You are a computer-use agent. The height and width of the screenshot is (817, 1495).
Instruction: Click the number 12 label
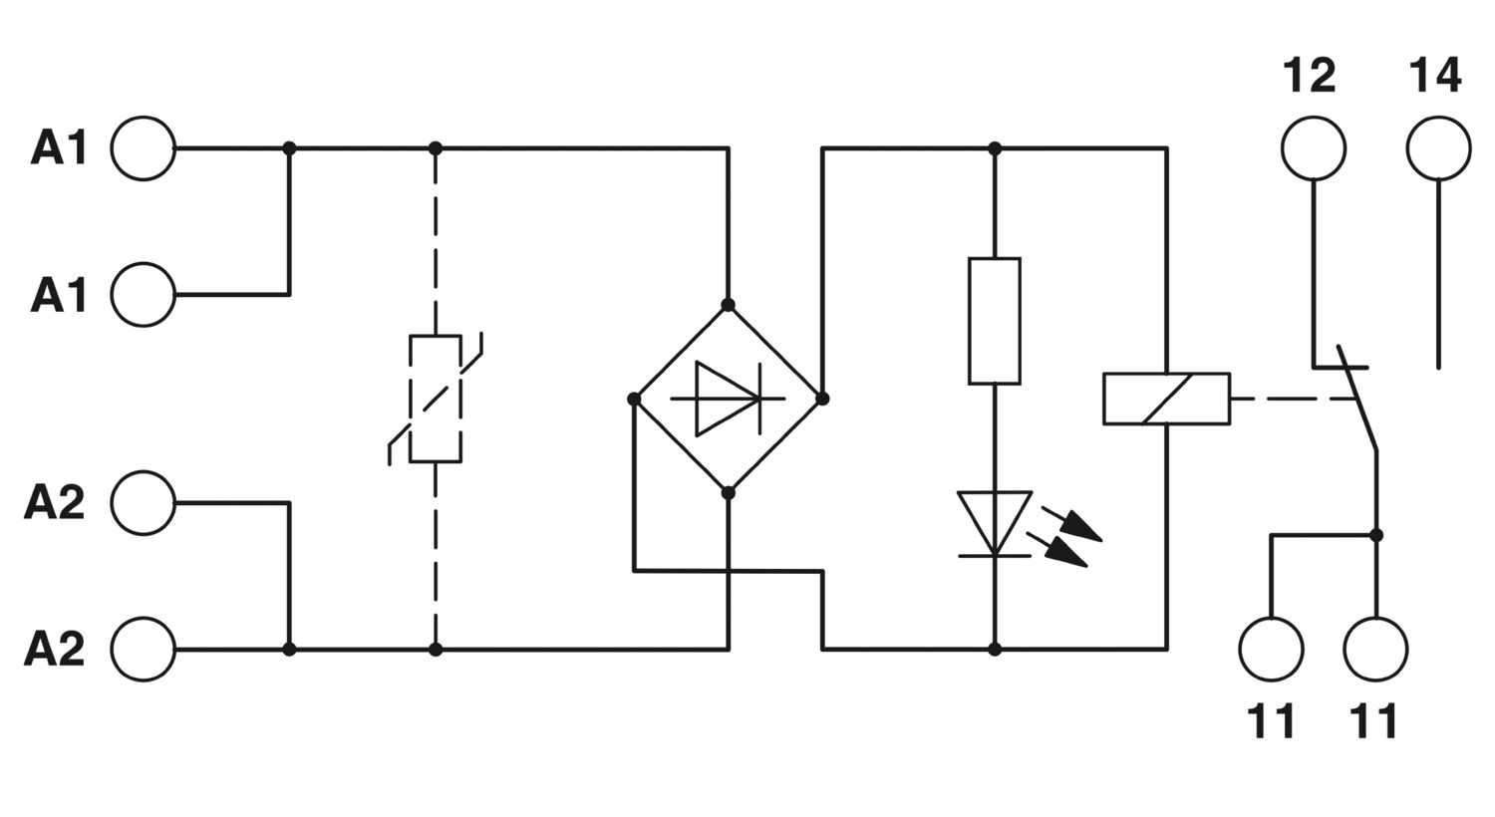[1310, 76]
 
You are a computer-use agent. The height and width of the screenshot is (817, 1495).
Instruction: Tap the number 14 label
[1435, 76]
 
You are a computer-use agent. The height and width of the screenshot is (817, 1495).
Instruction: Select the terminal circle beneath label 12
[1314, 148]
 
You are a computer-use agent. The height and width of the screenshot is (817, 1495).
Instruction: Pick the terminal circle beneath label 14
[1438, 148]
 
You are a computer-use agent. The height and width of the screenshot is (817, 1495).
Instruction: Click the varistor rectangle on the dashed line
[436, 399]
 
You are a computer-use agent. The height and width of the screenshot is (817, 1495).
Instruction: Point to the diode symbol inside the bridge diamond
[729, 399]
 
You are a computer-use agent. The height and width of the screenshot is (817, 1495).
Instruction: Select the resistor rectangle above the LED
[995, 321]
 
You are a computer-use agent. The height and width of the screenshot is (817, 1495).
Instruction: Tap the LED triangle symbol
[995, 524]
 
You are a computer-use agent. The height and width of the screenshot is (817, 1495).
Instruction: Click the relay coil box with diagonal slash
[1167, 399]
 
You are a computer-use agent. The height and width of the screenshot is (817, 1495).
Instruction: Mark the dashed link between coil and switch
[1292, 399]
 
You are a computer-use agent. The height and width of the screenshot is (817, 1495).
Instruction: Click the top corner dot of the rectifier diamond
[729, 306]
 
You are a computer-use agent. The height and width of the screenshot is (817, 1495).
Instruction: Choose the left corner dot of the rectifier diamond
[634, 399]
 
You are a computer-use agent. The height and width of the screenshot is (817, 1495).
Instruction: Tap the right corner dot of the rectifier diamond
[822, 399]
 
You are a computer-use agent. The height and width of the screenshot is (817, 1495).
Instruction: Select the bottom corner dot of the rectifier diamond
[729, 493]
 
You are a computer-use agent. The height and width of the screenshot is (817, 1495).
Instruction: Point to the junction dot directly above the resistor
[995, 148]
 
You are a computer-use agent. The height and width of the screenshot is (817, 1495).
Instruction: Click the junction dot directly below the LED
[995, 649]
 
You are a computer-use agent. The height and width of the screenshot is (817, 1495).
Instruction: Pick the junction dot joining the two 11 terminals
[1375, 535]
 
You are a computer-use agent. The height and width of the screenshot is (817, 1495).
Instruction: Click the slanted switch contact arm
[1356, 399]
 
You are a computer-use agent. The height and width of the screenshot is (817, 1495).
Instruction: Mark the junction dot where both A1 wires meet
[289, 148]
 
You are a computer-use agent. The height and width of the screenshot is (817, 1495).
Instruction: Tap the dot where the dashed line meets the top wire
[436, 148]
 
